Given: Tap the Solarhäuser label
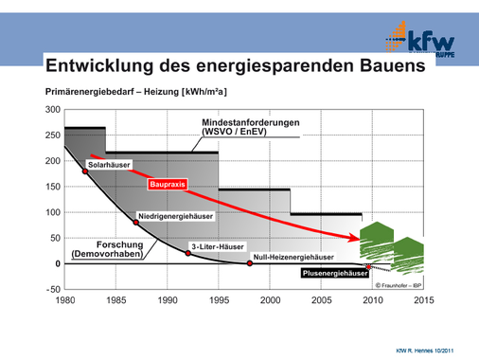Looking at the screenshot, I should tap(108, 164).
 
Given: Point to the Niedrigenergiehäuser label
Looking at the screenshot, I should tap(175, 216).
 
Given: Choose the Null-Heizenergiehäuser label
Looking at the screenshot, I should tap(292, 257).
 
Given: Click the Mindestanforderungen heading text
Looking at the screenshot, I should tap(251, 123).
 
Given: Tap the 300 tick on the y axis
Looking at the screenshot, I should tap(51, 111).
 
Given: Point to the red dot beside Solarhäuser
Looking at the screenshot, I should tap(85, 171).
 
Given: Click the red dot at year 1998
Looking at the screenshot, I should tap(249, 263).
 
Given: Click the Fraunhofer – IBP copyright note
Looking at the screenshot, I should tap(395, 283).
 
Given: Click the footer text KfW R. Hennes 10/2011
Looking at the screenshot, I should tap(430, 351).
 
